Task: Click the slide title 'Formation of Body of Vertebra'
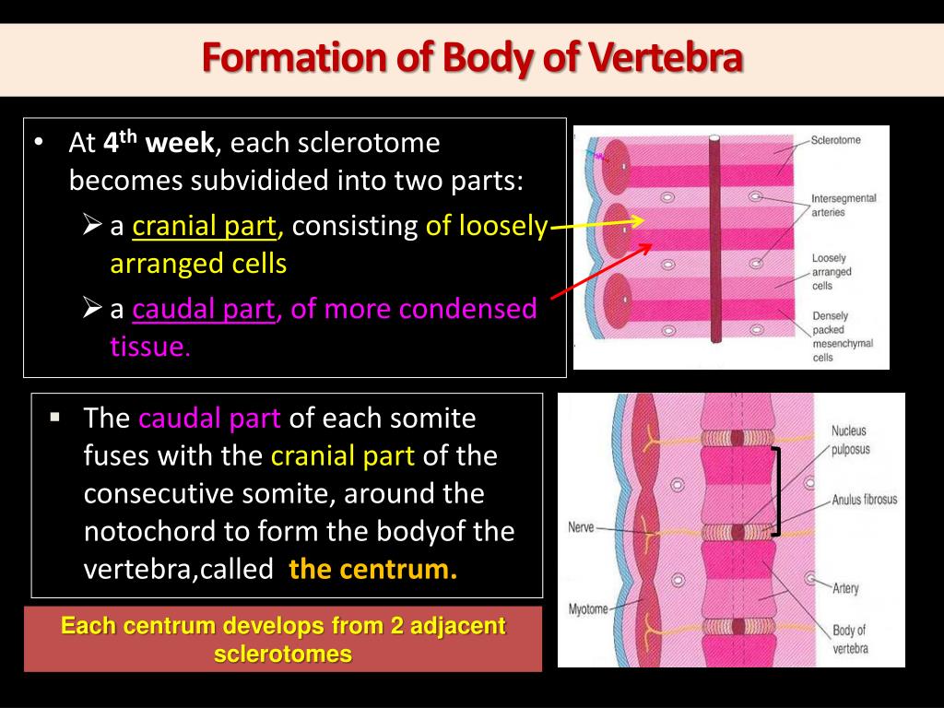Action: pyautogui.click(x=472, y=57)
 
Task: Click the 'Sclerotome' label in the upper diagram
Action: pyautogui.click(x=835, y=140)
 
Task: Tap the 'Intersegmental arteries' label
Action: pyautogui.click(x=843, y=205)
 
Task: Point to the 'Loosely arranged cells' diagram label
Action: pyautogui.click(x=832, y=272)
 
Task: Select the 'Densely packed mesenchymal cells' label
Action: pyautogui.click(x=841, y=336)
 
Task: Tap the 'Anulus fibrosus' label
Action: pyautogui.click(x=864, y=500)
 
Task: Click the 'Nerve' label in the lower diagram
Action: pyautogui.click(x=581, y=528)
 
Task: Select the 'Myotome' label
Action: pyautogui.click(x=588, y=609)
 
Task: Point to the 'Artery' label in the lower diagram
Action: pyautogui.click(x=845, y=587)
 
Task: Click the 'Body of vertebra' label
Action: pyautogui.click(x=848, y=639)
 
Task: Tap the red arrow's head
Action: pyautogui.click(x=649, y=246)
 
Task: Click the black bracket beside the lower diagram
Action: pyautogui.click(x=776, y=491)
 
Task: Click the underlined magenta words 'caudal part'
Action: pyautogui.click(x=204, y=309)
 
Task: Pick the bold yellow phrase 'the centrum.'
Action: pyautogui.click(x=372, y=569)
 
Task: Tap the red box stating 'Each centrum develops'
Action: pyautogui.click(x=283, y=639)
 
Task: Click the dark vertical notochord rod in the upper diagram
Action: pyautogui.click(x=714, y=240)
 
